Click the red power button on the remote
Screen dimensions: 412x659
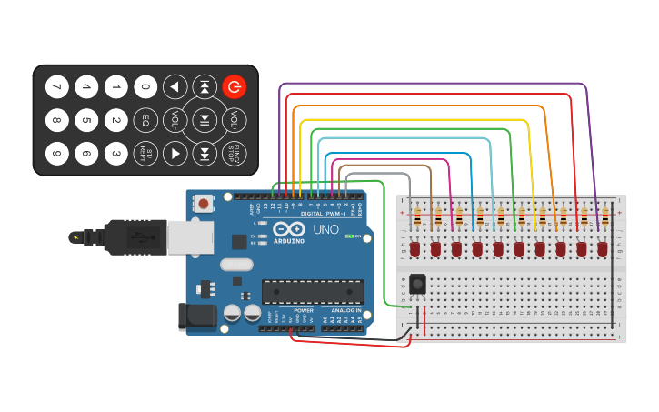pos(235,87)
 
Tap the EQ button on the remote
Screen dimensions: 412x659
pos(145,120)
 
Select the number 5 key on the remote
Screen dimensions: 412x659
pos(86,120)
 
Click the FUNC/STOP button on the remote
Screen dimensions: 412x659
pos(235,153)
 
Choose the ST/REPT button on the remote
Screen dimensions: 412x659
pos(145,153)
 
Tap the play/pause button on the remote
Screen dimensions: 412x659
pos(205,120)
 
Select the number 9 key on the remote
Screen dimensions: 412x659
pos(56,153)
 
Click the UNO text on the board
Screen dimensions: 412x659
pos(325,229)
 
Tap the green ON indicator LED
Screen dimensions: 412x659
pos(348,236)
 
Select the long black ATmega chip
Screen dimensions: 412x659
pos(313,291)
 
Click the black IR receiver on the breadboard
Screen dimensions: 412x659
pos(417,284)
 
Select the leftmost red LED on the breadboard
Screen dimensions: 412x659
pos(414,248)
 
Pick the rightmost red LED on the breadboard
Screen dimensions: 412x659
pos(602,248)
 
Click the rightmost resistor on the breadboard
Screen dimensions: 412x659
pos(604,217)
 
